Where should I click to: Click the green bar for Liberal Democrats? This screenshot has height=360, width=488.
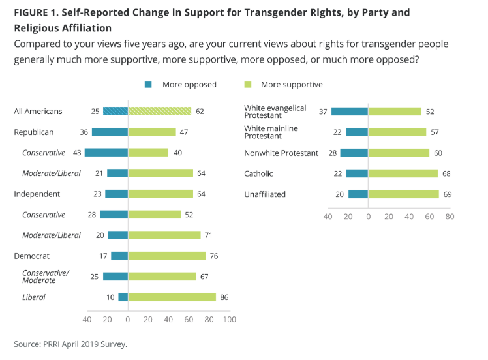click(x=172, y=297)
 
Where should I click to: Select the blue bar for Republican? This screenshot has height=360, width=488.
click(x=110, y=132)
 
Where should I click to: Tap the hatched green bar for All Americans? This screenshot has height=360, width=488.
click(x=159, y=111)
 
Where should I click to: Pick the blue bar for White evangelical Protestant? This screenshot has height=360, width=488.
click(x=350, y=112)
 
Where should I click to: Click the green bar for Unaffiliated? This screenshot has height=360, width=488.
click(x=403, y=194)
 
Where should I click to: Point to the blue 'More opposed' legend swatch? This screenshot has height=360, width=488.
click(x=149, y=84)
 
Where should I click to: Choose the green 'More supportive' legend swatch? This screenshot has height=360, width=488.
click(x=247, y=84)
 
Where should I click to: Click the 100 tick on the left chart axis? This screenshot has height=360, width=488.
click(x=229, y=319)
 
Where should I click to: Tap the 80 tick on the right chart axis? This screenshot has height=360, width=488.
click(x=450, y=216)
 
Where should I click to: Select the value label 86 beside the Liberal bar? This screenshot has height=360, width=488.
click(x=224, y=297)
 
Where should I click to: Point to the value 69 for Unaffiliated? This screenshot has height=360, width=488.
click(x=448, y=194)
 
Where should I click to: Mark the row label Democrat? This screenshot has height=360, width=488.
click(x=32, y=256)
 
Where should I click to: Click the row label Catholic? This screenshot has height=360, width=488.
click(x=258, y=173)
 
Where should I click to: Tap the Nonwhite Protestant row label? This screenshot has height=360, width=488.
click(x=281, y=153)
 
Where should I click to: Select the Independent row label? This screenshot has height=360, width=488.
click(x=37, y=194)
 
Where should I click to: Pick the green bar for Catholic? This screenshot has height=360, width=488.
click(x=403, y=173)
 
